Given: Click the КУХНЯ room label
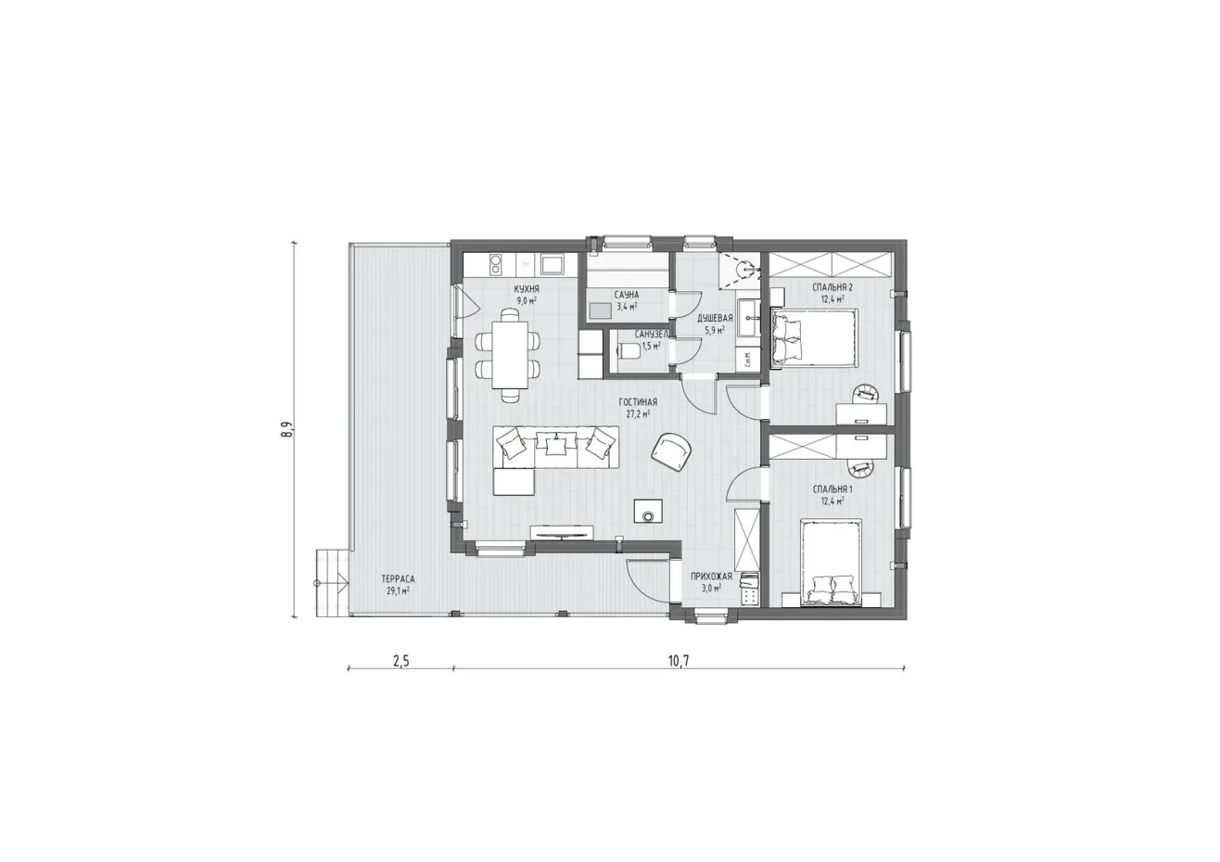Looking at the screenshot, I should pos(527,289).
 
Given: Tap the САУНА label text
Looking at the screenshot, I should pos(627,296).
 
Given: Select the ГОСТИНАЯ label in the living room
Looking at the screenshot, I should pos(639,402).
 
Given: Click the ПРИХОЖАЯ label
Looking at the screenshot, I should pos(712,577).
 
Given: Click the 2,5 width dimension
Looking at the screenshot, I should pos(400,661).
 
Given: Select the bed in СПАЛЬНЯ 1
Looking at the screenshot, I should pos(832,561).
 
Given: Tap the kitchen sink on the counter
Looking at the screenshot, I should pos(553,264).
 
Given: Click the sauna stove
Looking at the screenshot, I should pos(600,311).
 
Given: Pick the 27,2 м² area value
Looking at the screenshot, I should pos(639,414).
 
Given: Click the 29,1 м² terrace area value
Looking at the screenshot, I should pos(399,590).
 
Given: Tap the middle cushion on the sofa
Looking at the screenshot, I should pos(555,446).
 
